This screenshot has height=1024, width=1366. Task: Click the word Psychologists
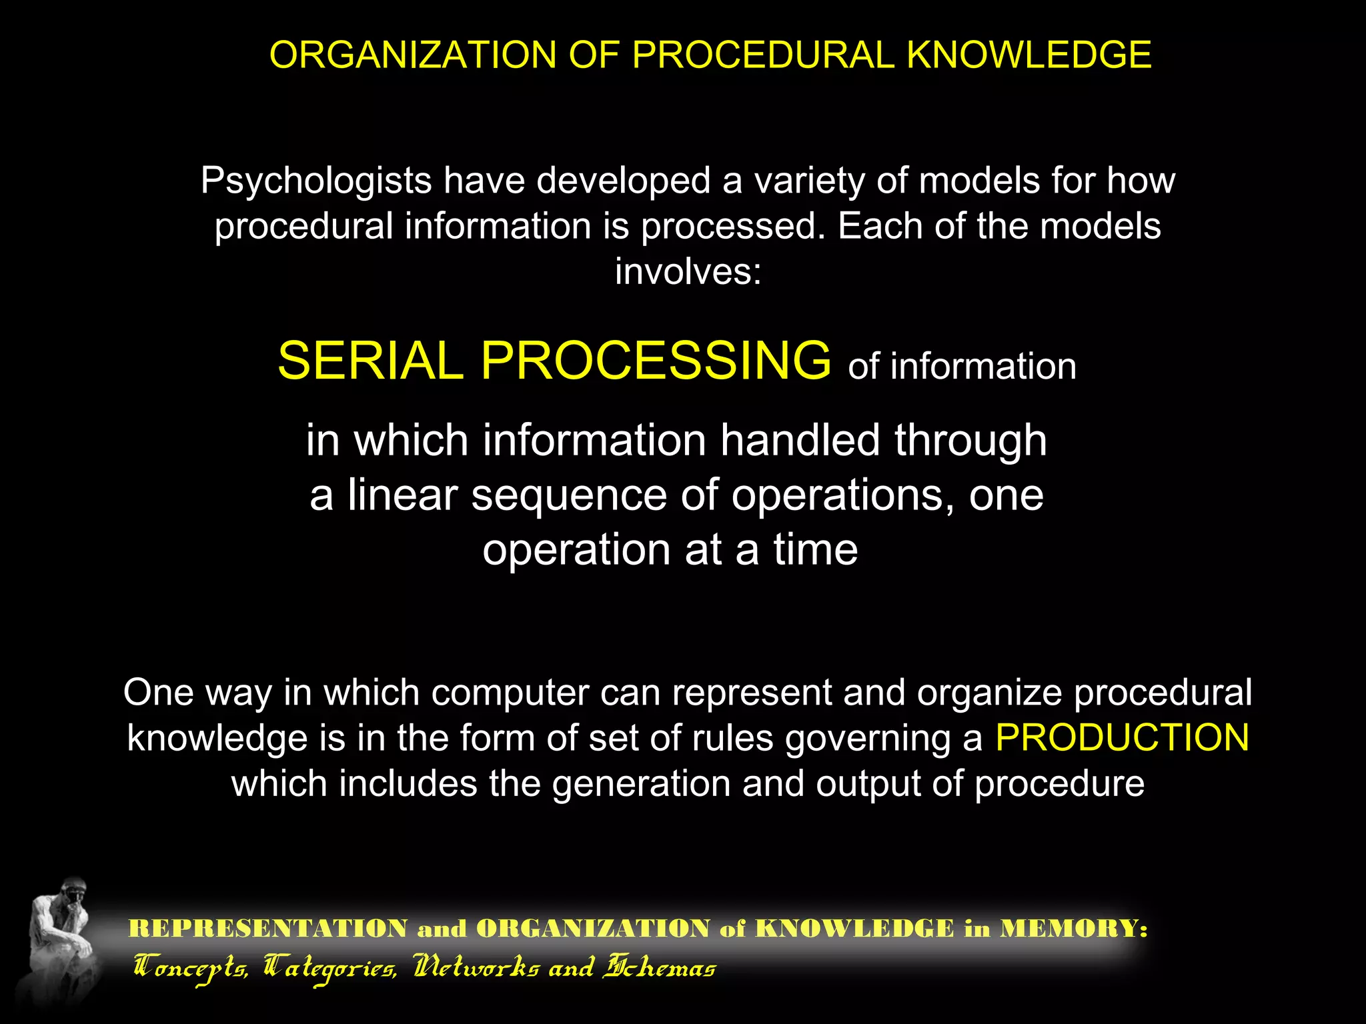[x=316, y=181]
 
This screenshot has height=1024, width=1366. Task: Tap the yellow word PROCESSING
[x=656, y=361]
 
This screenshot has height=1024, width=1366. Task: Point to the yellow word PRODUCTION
[x=1122, y=738]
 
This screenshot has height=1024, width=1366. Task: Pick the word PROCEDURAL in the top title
[x=763, y=55]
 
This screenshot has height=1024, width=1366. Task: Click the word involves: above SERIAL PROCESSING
[x=688, y=272]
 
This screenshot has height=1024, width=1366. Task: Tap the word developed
[x=623, y=181]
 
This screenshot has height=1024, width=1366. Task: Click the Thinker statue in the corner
[x=60, y=940]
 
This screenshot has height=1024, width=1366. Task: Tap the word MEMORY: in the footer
[x=1073, y=928]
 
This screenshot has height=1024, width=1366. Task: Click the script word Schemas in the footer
[x=659, y=967]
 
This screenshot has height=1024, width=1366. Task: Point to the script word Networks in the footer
[x=476, y=967]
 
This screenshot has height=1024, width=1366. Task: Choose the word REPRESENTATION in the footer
[x=268, y=928]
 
